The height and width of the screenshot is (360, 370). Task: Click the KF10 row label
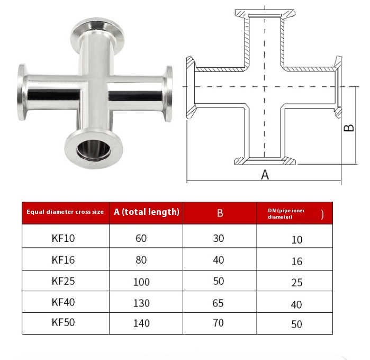(64, 238)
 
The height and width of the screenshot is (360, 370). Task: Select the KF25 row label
(64, 282)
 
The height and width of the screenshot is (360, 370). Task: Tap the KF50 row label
(64, 322)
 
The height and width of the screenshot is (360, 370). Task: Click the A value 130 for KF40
(141, 303)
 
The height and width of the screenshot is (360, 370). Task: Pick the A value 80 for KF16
(141, 260)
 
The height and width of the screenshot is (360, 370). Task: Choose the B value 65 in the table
(218, 303)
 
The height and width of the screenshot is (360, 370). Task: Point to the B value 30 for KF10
(218, 238)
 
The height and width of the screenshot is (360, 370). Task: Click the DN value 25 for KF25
(297, 283)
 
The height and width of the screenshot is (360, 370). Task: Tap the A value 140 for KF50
(141, 323)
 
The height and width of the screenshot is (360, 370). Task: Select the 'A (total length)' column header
(147, 212)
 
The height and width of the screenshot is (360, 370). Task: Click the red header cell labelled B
(220, 213)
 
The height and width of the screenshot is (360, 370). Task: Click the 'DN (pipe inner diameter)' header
(294, 213)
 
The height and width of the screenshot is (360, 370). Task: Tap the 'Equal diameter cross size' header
(65, 212)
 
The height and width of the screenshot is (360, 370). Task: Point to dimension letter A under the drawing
(265, 175)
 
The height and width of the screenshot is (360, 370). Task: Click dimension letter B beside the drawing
(349, 128)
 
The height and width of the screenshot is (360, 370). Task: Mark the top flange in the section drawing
(265, 13)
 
